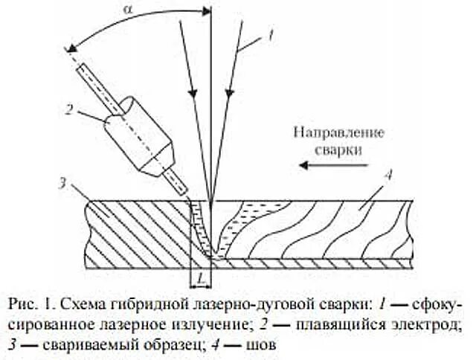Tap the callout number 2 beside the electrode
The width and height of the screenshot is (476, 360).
point(68,110)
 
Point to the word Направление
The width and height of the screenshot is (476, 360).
point(339,134)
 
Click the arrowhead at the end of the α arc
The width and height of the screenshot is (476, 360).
point(70,49)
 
